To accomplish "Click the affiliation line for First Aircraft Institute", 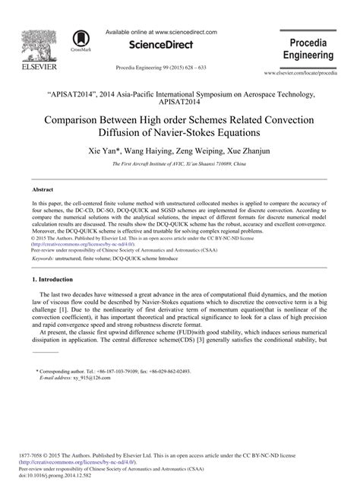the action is tap(180, 165).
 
